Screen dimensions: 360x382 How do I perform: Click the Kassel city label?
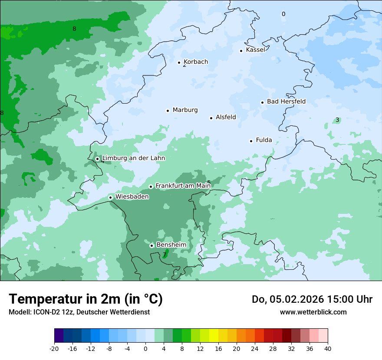[255, 50]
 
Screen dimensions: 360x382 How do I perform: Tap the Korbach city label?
[196, 62]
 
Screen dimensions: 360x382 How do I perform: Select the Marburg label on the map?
[185, 110]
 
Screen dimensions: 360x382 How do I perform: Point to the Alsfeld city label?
[226, 117]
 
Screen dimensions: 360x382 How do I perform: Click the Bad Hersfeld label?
[286, 102]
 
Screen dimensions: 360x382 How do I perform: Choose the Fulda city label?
[264, 140]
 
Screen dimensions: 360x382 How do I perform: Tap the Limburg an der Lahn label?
[134, 158]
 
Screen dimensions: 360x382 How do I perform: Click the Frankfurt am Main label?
[183, 186]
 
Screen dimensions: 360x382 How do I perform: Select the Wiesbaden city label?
[132, 197]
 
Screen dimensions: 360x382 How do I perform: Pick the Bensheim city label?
[171, 245]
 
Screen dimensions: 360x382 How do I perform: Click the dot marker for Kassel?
[241, 51]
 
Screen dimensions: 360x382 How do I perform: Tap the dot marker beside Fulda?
[251, 141]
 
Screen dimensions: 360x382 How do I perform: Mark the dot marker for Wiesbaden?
[111, 198]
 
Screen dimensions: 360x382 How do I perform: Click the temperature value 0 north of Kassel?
[283, 14]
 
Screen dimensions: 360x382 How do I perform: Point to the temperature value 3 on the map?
[337, 120]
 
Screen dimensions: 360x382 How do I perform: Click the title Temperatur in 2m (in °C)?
[86, 299]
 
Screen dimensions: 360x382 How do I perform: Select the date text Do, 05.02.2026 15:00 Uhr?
[312, 299]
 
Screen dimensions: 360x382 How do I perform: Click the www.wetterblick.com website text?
[313, 312]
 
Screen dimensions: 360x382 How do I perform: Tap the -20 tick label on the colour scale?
[54, 348]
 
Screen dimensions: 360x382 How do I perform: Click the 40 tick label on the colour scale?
[328, 348]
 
